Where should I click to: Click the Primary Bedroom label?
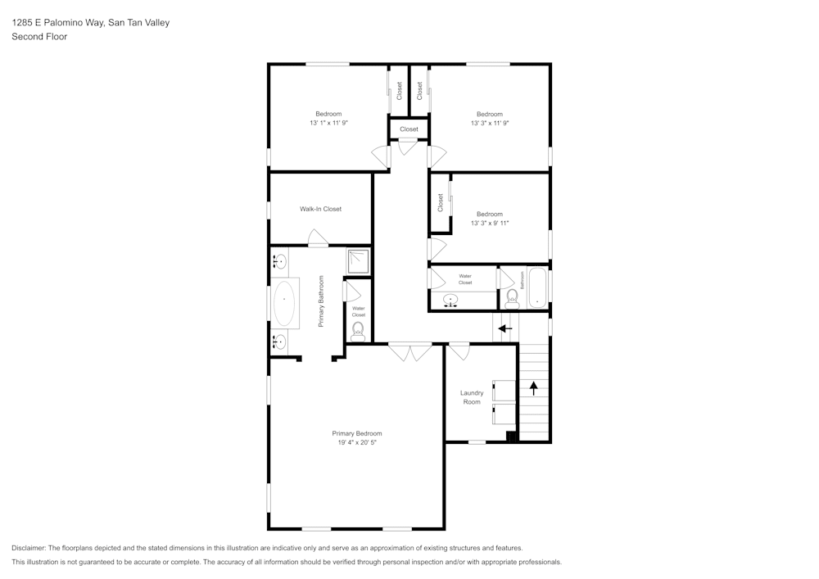[357, 433]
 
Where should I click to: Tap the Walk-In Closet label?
[321, 209]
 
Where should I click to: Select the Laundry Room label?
[472, 397]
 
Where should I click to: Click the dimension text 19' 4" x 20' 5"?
[357, 443]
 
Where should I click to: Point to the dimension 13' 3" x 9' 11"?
[490, 223]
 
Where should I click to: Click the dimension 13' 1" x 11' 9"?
[328, 123]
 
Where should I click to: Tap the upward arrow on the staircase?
[533, 388]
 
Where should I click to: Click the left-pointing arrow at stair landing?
[505, 329]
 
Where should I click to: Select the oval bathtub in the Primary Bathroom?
[284, 304]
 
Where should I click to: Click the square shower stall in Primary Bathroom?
[359, 261]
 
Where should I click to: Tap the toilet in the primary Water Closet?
[358, 332]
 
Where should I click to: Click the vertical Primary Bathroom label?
[321, 301]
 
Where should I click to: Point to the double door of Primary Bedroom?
[410, 352]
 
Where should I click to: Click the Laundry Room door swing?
[459, 352]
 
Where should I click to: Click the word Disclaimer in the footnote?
[29, 548]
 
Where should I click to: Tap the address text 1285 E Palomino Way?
[58, 22]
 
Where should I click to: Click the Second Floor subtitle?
[39, 37]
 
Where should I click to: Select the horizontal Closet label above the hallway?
[409, 129]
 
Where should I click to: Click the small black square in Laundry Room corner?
[511, 437]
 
